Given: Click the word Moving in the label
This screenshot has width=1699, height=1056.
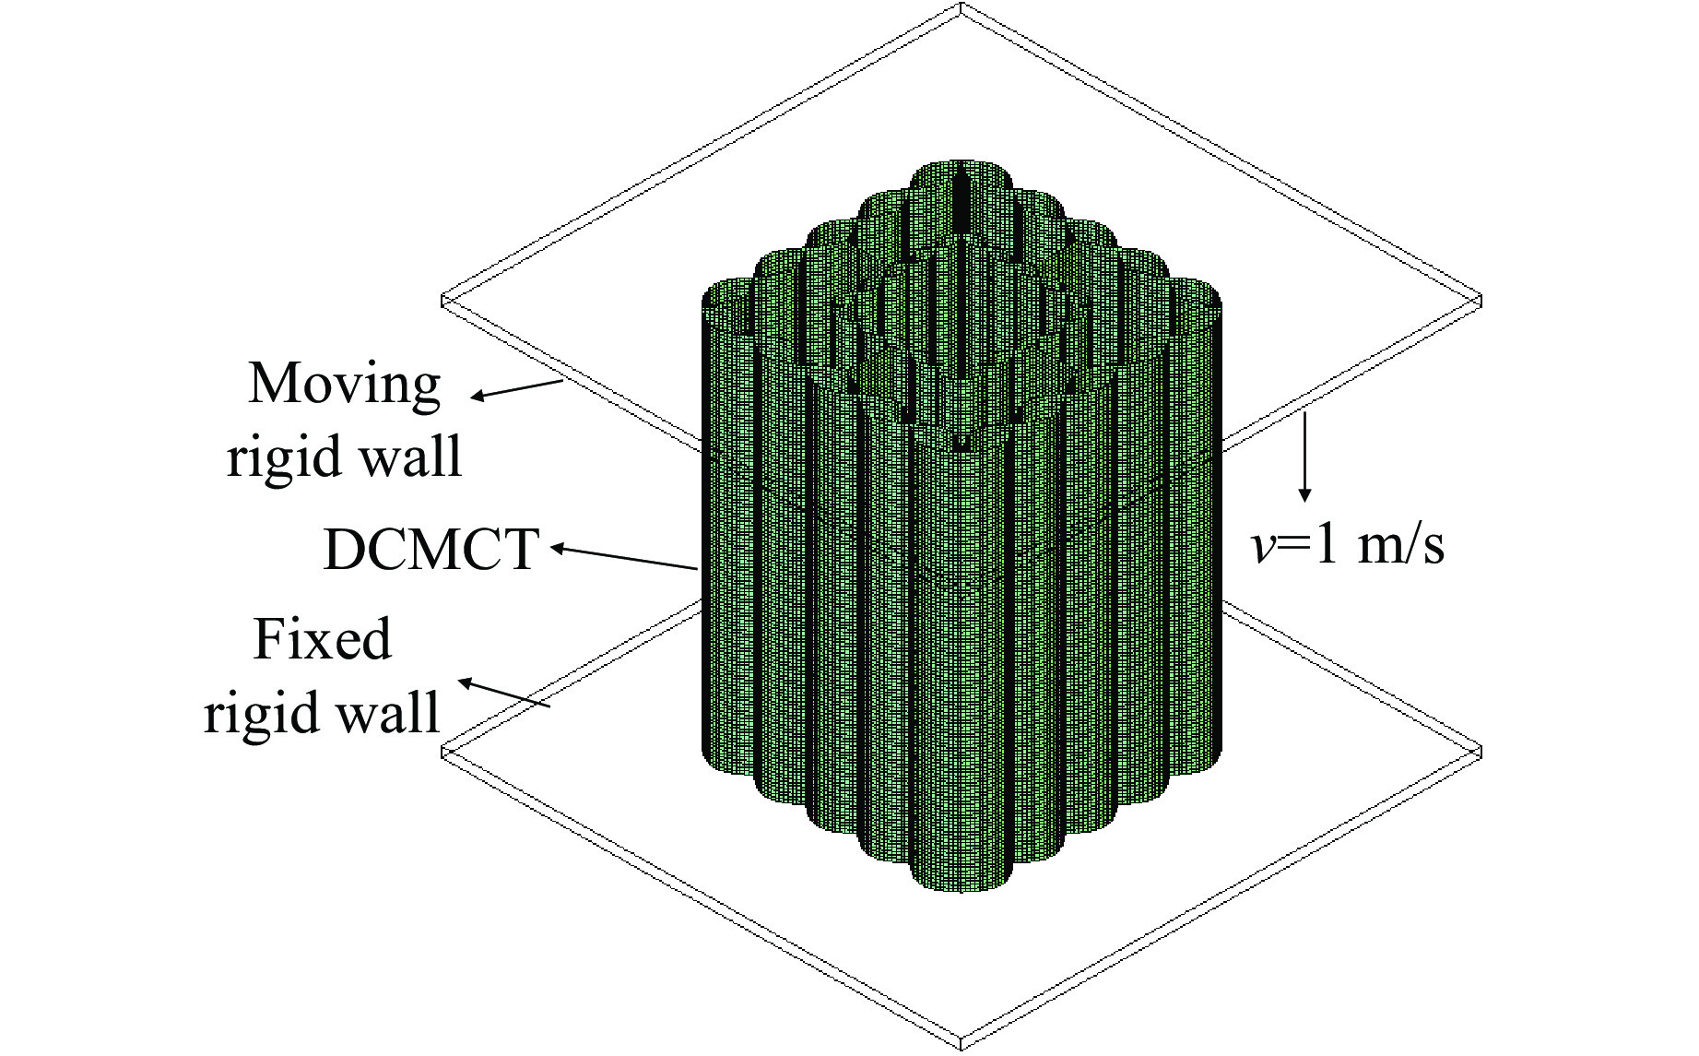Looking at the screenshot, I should [x=345, y=384].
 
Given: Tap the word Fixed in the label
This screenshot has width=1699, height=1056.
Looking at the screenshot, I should [x=322, y=639].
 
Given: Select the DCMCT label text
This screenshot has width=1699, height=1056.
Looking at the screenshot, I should [x=430, y=551].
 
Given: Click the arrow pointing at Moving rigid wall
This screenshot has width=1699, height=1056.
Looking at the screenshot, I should [x=516, y=390].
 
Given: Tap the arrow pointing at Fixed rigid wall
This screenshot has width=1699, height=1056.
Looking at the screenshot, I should [x=504, y=694].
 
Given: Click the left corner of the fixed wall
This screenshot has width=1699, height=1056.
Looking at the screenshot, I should [x=445, y=752].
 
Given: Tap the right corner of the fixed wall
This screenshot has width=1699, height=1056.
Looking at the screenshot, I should [x=1478, y=752].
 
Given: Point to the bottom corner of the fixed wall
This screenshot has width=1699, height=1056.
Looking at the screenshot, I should [x=961, y=1044].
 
